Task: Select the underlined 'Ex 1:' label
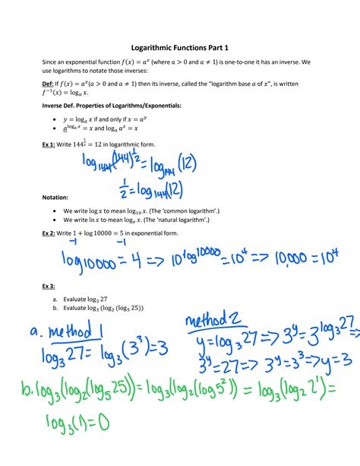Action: click(50, 144)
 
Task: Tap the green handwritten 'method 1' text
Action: click(80, 333)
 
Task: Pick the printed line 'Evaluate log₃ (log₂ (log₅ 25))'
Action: click(107, 309)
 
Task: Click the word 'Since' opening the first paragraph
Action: click(51, 61)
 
